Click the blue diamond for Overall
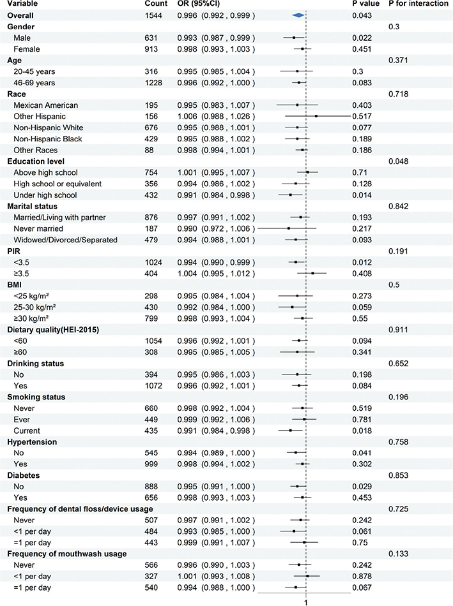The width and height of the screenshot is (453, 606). pyautogui.click(x=298, y=15)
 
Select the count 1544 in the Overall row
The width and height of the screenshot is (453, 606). pyautogui.click(x=154, y=15)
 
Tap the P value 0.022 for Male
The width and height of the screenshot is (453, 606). pyautogui.click(x=362, y=38)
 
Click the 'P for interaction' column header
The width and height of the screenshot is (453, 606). pyautogui.click(x=418, y=3)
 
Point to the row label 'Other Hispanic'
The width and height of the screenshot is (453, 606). pyautogui.click(x=40, y=116)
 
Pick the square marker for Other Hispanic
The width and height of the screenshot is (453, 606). pyautogui.click(x=316, y=116)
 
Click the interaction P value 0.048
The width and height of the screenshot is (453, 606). pyautogui.click(x=399, y=161)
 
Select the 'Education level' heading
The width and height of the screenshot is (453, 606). pyautogui.click(x=36, y=161)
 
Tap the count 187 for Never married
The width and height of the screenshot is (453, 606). pyautogui.click(x=151, y=228)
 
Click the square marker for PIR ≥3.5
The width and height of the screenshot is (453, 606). pyautogui.click(x=312, y=273)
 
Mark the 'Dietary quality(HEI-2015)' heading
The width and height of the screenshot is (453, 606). pyautogui.click(x=53, y=330)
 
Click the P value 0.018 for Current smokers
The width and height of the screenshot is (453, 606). pyautogui.click(x=362, y=431)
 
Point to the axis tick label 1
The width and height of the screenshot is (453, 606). pyautogui.click(x=306, y=602)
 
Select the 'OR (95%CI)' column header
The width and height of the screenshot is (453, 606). pyautogui.click(x=199, y=3)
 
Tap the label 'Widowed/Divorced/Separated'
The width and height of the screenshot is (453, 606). pyautogui.click(x=65, y=240)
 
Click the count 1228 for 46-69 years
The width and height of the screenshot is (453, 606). pyautogui.click(x=154, y=83)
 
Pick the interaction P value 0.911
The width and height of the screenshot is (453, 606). pyautogui.click(x=399, y=330)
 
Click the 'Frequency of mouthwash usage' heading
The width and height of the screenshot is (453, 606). pyautogui.click(x=67, y=554)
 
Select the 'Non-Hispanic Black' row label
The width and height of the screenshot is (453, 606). pyautogui.click(x=48, y=139)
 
